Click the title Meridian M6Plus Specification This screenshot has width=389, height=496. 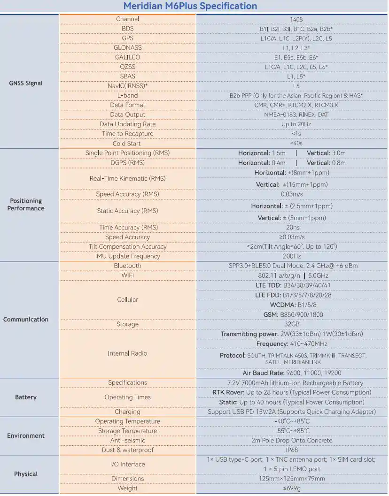pyautogui.click(x=190, y=6)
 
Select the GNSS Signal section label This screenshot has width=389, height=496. pyautogui.click(x=26, y=84)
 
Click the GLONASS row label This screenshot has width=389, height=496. pyautogui.click(x=127, y=48)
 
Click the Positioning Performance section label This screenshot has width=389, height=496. pyautogui.click(x=26, y=205)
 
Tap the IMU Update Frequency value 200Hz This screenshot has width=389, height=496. pyautogui.click(x=292, y=256)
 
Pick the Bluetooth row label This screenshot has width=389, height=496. pyautogui.click(x=127, y=266)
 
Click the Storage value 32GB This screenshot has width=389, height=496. pyautogui.click(x=292, y=324)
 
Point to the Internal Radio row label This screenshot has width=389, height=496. pyautogui.click(x=127, y=354)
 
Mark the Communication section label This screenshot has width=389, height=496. pyautogui.click(x=26, y=320)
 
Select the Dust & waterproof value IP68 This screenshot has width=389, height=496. pyautogui.click(x=292, y=450)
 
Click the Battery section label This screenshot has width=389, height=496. pyautogui.click(x=26, y=397)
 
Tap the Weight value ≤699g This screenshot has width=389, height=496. pyautogui.click(x=292, y=488)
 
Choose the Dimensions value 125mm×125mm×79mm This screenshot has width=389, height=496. pyautogui.click(x=292, y=479)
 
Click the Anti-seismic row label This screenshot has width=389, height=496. pyautogui.click(x=127, y=441)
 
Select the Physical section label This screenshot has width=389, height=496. pyautogui.click(x=26, y=474)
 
